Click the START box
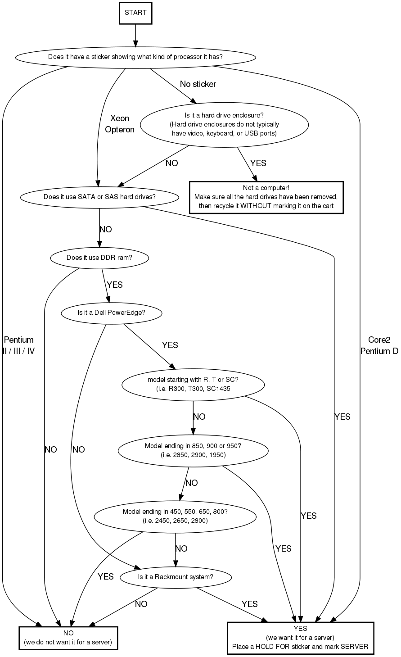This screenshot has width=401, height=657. [x=135, y=13]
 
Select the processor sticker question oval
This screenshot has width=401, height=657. [x=135, y=57]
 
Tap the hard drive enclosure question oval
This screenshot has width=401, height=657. [x=224, y=124]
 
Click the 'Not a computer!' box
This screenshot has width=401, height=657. [x=266, y=197]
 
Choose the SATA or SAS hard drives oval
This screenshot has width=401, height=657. [x=99, y=197]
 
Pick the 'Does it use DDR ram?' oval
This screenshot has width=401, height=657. [x=99, y=258]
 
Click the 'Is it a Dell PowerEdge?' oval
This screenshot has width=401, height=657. [x=111, y=313]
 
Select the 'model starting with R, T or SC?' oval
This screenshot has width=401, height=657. [x=193, y=384]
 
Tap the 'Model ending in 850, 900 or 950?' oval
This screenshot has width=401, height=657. [x=193, y=450]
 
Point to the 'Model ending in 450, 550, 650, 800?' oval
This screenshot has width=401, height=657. [x=175, y=516]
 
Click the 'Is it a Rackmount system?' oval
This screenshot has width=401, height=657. [x=176, y=577]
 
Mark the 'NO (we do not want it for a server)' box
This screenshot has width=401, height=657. [x=68, y=638]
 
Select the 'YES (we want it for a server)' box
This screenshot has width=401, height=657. [x=300, y=638]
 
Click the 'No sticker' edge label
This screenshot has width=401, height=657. [x=198, y=84]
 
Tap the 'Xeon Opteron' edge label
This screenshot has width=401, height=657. [x=120, y=124]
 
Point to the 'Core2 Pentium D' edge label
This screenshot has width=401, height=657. [x=379, y=345]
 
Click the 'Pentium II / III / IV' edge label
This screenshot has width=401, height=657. [x=18, y=345]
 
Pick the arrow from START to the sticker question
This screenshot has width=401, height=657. [x=135, y=35]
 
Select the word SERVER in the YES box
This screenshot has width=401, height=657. [x=355, y=647]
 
